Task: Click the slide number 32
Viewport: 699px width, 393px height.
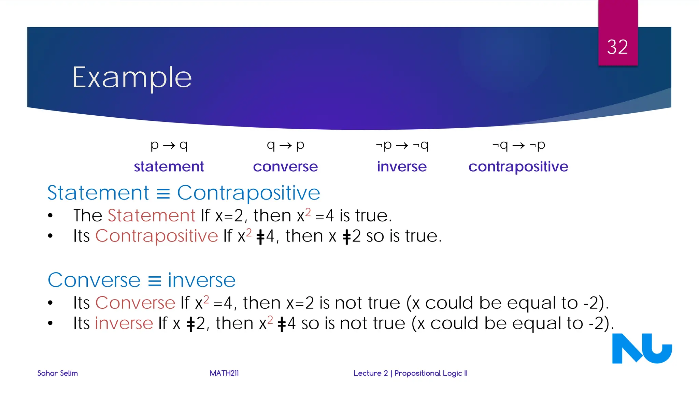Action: click(x=617, y=47)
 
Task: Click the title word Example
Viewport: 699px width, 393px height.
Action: click(x=132, y=78)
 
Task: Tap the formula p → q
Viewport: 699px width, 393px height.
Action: click(x=169, y=146)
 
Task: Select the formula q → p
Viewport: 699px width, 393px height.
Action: click(x=285, y=146)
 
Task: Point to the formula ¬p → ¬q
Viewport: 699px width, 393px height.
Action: click(x=402, y=146)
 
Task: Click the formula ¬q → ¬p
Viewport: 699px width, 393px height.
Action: click(x=518, y=146)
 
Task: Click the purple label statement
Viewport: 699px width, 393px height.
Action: click(x=169, y=166)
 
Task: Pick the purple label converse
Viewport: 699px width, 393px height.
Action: click(x=285, y=166)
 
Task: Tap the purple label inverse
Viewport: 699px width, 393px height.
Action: click(x=402, y=166)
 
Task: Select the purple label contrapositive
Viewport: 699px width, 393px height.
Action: click(x=518, y=166)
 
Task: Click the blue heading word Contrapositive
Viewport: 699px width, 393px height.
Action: click(x=248, y=193)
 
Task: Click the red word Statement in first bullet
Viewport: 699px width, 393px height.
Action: click(x=151, y=216)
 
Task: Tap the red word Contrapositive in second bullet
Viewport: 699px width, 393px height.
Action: click(x=156, y=236)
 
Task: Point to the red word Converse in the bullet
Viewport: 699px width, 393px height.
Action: click(x=135, y=303)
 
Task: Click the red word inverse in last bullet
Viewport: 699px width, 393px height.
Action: click(x=124, y=323)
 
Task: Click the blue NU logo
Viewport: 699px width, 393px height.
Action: click(x=642, y=349)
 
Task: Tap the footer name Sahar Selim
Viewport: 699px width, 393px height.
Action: click(x=57, y=373)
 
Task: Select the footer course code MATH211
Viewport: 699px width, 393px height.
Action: click(x=224, y=373)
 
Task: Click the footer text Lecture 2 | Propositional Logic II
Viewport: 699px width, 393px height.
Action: click(x=410, y=373)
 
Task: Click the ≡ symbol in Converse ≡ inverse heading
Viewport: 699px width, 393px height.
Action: click(x=154, y=281)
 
